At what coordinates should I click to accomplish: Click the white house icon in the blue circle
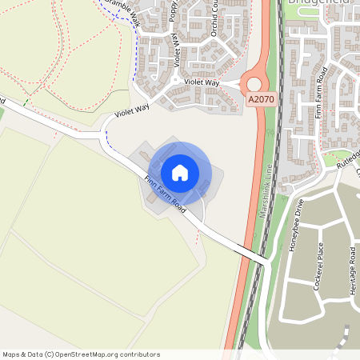(x=180, y=172)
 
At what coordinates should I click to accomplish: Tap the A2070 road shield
(x=260, y=99)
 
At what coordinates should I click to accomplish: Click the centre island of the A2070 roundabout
(x=254, y=83)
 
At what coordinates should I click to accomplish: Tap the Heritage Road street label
(x=352, y=270)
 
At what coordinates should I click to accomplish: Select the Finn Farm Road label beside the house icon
(x=166, y=193)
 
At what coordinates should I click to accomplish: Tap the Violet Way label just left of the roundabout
(x=201, y=82)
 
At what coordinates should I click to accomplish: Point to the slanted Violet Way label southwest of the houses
(x=133, y=110)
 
